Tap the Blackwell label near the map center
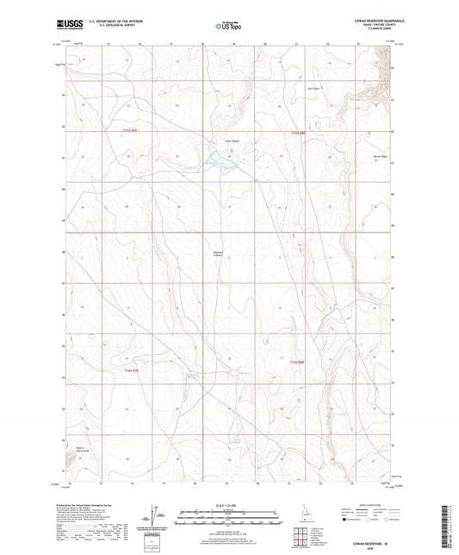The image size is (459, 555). point(218,253)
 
